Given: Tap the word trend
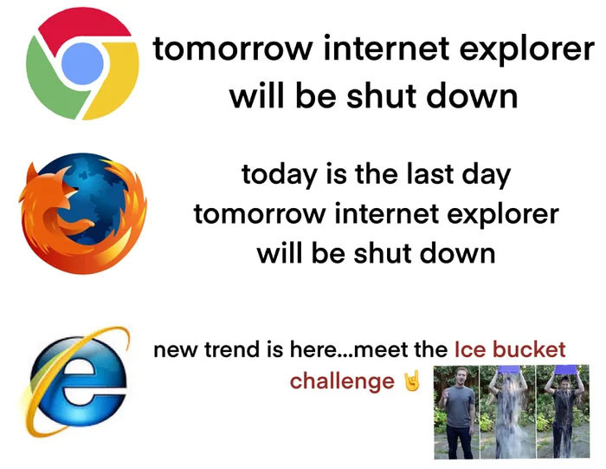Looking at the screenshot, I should click(x=228, y=350).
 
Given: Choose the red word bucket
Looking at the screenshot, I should click(x=532, y=350).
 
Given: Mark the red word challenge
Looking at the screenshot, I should click(x=342, y=381).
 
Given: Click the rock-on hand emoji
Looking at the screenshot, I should click(x=411, y=381).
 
